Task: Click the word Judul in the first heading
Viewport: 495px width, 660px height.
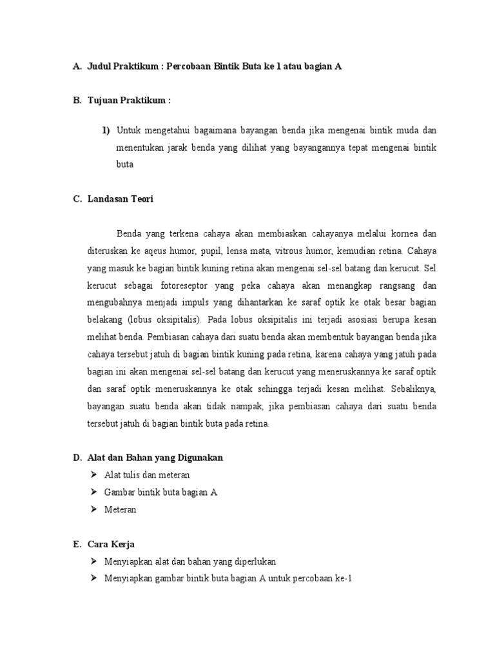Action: (x=100, y=66)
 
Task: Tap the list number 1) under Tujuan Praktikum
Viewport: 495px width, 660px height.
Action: (x=106, y=131)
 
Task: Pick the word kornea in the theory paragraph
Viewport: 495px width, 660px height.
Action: (x=404, y=233)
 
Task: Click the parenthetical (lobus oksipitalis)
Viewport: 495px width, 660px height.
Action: (x=164, y=319)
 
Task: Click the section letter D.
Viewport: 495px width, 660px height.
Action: (x=76, y=458)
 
